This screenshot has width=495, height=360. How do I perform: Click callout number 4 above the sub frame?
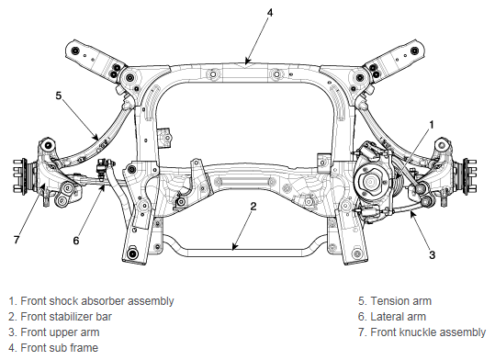coord(270,13)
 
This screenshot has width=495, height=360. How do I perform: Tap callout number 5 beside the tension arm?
coord(59,96)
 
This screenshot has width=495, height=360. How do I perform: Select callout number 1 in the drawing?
coord(432,125)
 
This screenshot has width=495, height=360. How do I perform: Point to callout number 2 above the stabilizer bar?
coord(253,207)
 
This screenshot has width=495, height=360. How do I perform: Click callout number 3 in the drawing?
coord(433,254)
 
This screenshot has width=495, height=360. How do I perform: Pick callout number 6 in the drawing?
coord(76,241)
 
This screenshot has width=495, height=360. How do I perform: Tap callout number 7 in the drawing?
coord(17,240)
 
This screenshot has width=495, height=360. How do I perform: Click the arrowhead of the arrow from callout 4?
coord(247,61)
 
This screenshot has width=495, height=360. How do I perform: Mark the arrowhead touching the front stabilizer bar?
coord(234,247)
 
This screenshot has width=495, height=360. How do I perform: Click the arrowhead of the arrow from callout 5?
coord(96,137)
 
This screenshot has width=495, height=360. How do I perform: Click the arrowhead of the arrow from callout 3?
coord(411,213)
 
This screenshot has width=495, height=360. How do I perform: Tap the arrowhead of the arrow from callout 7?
coord(41,186)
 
